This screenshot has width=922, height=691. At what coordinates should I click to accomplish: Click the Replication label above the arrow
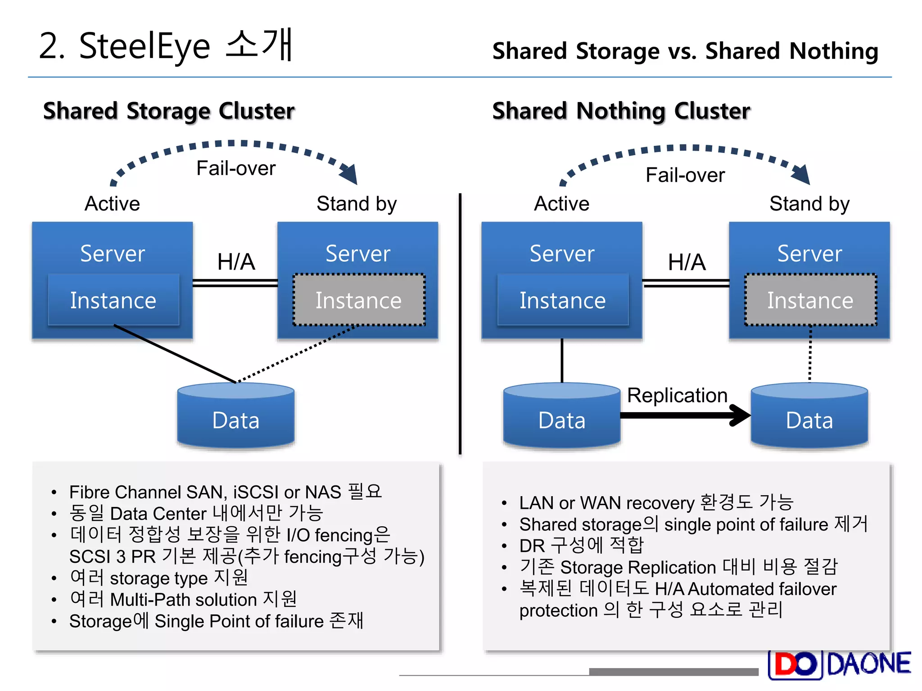tap(677, 395)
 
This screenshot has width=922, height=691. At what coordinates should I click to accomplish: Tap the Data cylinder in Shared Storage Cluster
tap(236, 416)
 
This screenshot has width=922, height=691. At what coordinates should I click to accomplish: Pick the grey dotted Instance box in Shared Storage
tap(358, 300)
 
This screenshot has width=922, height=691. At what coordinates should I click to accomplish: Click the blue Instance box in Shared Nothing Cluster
tap(562, 300)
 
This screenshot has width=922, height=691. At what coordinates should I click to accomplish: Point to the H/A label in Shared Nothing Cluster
tap(687, 262)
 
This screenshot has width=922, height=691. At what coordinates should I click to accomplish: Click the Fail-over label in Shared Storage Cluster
tap(236, 168)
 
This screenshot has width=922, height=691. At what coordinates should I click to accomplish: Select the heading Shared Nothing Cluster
tap(621, 111)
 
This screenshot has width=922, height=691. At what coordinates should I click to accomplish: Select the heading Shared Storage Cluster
tap(169, 111)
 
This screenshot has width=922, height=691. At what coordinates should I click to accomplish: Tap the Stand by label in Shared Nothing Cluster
tap(809, 204)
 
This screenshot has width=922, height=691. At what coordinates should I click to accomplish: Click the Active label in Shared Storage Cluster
tap(112, 204)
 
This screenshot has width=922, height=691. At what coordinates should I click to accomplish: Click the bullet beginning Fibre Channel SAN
tap(225, 492)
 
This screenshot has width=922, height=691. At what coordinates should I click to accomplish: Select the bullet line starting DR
tap(581, 546)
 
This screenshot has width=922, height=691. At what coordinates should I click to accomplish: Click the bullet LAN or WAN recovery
tap(655, 503)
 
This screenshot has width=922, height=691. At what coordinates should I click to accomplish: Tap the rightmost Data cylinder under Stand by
tap(809, 416)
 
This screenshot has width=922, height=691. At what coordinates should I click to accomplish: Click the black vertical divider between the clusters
tap(460, 324)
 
